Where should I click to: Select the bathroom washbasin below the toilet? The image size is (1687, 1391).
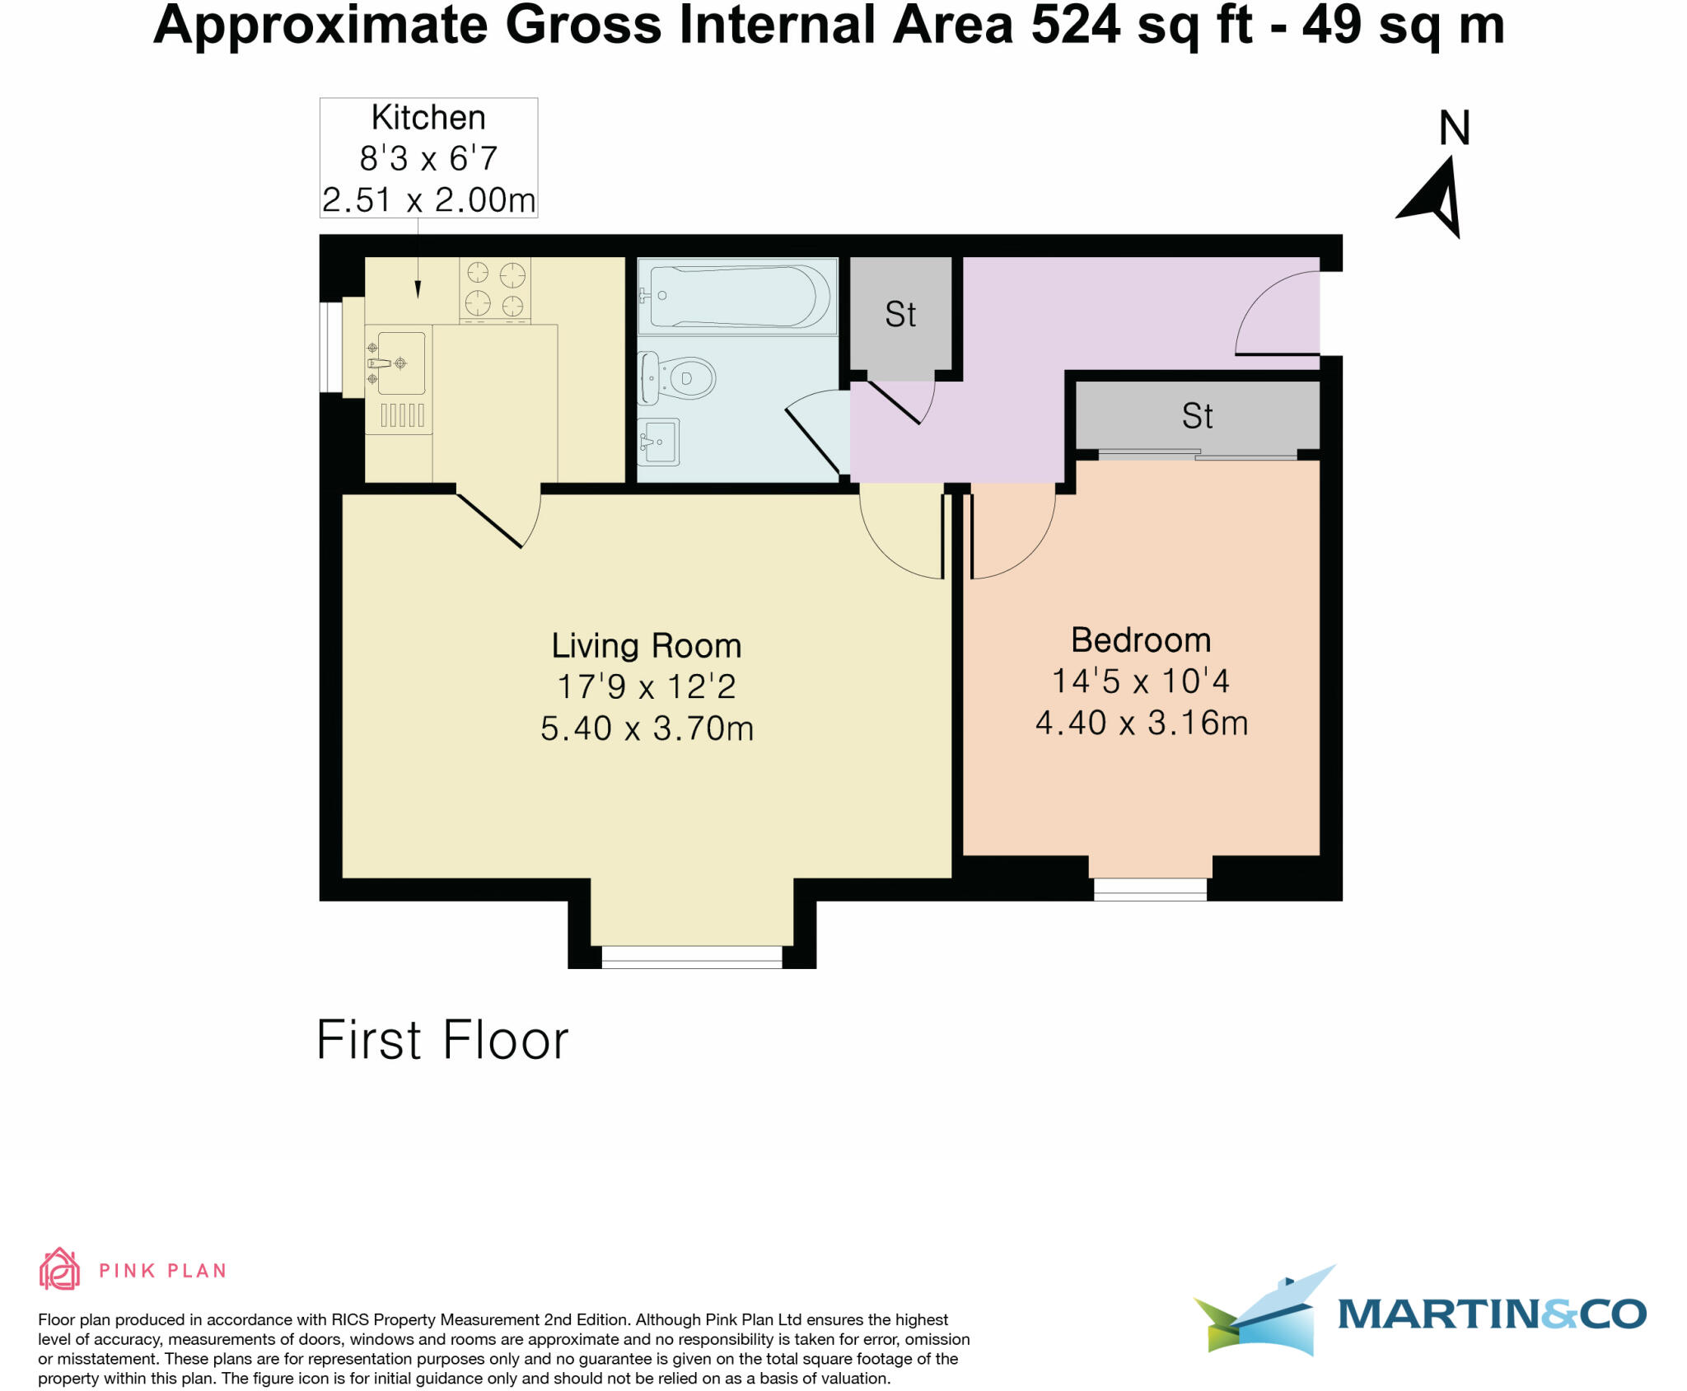[659, 442]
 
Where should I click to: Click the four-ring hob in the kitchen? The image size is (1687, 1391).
[495, 288]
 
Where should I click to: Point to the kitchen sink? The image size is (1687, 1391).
[398, 363]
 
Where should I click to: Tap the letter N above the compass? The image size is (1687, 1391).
[1454, 129]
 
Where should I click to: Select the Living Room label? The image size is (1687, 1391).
[647, 645]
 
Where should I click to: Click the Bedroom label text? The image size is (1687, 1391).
[1141, 640]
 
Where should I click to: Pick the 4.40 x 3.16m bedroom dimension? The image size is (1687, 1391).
[1142, 723]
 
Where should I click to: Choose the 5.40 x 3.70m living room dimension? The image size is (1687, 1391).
[647, 728]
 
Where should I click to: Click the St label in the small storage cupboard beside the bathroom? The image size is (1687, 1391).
[900, 314]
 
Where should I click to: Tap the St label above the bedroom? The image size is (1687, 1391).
[1197, 416]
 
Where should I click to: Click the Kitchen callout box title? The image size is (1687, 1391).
[428, 118]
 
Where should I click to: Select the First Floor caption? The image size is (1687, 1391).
[442, 1040]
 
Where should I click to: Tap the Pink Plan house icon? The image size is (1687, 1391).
[59, 1269]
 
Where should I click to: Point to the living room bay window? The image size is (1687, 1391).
[692, 956]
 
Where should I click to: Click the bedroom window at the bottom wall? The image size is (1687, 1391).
[1150, 889]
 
